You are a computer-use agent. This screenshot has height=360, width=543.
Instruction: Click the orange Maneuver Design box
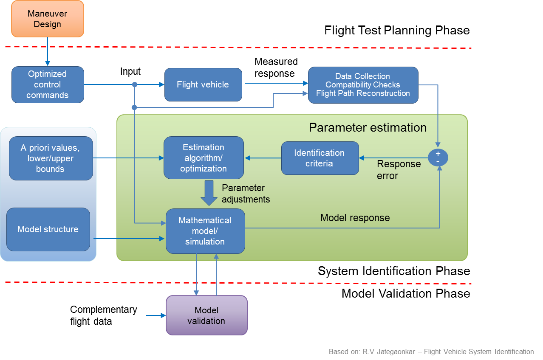[x=48, y=19]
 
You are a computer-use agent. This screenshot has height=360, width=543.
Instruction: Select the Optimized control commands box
[x=48, y=84]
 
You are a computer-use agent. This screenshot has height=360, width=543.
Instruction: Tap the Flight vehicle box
[x=203, y=84]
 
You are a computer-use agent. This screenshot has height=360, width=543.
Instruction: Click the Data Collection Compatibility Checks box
[x=363, y=85]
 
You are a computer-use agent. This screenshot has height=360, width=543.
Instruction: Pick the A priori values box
[x=51, y=158]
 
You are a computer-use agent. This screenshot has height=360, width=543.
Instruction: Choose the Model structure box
[x=48, y=229]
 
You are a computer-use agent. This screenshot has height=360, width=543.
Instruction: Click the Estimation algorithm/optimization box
[x=204, y=158]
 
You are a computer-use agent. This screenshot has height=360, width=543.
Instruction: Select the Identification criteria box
[x=320, y=158]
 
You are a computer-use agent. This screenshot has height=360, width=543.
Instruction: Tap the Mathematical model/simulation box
[x=205, y=231]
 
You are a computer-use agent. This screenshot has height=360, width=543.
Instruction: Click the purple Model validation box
[x=206, y=315]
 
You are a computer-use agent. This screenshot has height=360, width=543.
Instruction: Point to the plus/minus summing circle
[x=438, y=158]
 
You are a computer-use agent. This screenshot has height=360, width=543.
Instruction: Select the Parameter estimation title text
[x=368, y=127]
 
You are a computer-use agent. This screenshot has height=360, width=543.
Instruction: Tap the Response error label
[x=399, y=170]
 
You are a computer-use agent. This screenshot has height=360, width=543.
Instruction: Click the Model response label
[x=355, y=218]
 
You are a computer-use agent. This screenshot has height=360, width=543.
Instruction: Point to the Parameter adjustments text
[x=246, y=194]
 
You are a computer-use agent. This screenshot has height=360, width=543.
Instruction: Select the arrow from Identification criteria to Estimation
[x=263, y=158]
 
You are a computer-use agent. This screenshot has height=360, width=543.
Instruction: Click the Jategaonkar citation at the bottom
[x=431, y=352]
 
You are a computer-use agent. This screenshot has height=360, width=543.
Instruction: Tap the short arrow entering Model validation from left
[x=156, y=315]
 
